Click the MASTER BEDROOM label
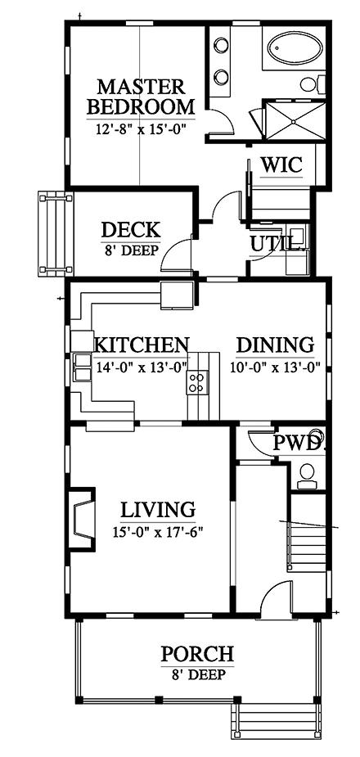141,97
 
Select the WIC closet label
281,164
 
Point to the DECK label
130,230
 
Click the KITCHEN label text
142,345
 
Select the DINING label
275,345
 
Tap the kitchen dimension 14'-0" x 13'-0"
142,367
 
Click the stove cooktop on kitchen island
197,382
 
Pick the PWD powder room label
298,443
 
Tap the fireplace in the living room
83,517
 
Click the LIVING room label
158,511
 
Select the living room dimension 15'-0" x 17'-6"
158,531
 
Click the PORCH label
196,654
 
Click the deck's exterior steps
53,234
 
